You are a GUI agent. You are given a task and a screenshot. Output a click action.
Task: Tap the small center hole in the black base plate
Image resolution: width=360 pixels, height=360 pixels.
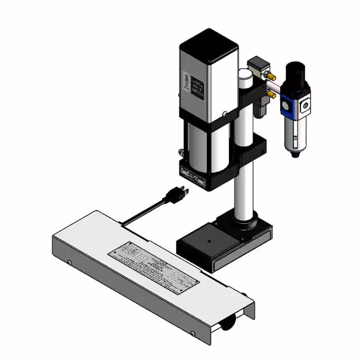pyautogui.click(x=208, y=241)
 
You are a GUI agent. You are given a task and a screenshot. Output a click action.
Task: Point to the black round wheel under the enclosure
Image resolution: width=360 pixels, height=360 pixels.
pyautogui.click(x=228, y=324)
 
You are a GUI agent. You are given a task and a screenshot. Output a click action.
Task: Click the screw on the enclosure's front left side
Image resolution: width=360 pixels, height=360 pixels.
pyautogui.click(x=69, y=262)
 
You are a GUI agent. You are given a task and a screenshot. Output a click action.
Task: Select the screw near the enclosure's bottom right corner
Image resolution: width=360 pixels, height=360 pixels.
pyautogui.click(x=193, y=334)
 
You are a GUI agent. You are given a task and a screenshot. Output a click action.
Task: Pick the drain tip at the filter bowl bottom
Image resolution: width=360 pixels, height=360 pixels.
pyautogui.click(x=295, y=154)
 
